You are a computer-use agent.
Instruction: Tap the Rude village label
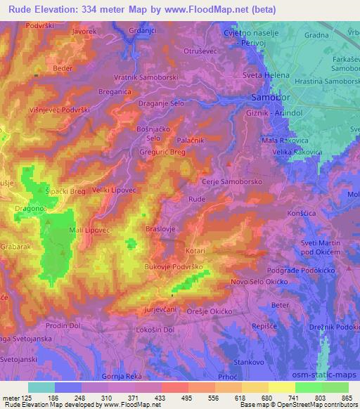point(196,199)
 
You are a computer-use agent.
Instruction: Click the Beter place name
point(281,304)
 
